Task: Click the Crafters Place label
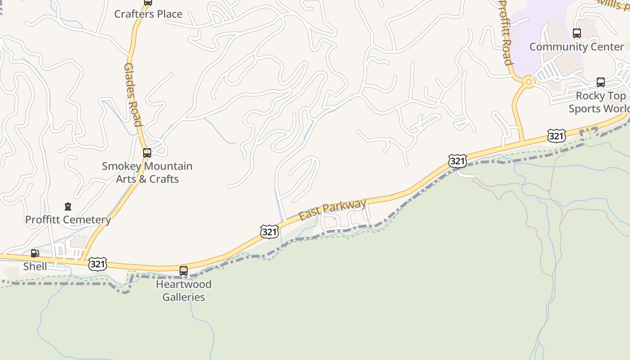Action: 148,14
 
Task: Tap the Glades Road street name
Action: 132,94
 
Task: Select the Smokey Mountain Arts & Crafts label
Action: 147,172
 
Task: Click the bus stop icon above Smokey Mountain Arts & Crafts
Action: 147,153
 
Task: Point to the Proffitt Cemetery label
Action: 68,220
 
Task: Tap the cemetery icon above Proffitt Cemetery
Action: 68,207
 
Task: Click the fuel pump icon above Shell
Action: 35,253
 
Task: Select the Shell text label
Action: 35,266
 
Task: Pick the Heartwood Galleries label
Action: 184,291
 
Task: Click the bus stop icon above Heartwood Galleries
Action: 184,271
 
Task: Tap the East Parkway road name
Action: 333,210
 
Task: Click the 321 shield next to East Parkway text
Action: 269,232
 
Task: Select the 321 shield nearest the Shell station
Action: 98,264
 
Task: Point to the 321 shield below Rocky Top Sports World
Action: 557,135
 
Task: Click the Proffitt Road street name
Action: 506,32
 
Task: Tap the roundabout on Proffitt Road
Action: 529,82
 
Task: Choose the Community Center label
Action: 576,47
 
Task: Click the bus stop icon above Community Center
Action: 577,33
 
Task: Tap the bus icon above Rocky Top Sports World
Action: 601,82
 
